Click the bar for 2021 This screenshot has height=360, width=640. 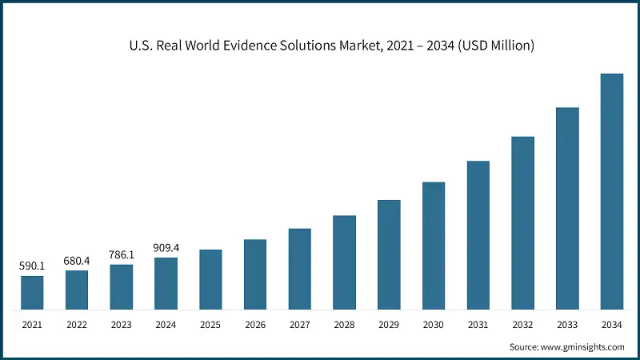coord(32,293)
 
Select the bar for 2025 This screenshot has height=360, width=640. coord(210,279)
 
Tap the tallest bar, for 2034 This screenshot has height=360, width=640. coord(612,191)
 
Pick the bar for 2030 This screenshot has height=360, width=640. coord(434,246)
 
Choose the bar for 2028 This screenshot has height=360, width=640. coord(344,262)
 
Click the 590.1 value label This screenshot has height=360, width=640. coord(32,265)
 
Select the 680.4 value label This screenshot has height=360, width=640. coord(77,259)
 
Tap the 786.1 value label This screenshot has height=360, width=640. coord(122,254)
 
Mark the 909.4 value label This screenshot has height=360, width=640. coord(166,247)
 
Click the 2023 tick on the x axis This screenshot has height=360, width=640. coord(122,325)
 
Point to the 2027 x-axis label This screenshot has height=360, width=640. coord(300,325)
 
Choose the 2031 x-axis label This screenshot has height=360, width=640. coord(478,325)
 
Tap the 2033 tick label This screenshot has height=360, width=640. coord(567,325)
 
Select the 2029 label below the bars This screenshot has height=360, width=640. coord(389,325)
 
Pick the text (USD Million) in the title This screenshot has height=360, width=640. coord(489,46)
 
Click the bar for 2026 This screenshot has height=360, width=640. coord(255,274)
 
